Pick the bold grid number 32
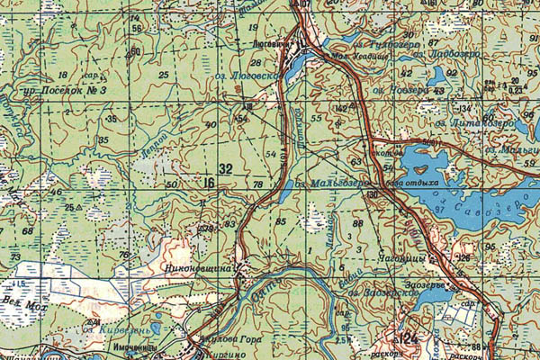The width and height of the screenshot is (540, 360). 225,169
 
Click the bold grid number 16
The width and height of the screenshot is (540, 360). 210,184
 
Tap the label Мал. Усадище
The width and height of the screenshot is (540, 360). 350,54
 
